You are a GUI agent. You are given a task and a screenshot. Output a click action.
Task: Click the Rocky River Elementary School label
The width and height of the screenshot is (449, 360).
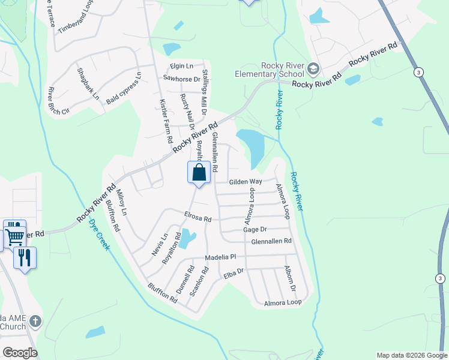coord(270,70)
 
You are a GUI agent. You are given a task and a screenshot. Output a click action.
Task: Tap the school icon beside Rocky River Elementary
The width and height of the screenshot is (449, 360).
coord(313,67)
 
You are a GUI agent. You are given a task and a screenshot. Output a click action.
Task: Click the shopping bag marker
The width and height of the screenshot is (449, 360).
coord(199,173)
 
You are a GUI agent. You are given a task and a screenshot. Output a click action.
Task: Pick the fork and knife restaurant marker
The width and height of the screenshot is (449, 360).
coord(25,258)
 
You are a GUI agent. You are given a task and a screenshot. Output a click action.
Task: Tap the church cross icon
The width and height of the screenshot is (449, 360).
coord(35,322)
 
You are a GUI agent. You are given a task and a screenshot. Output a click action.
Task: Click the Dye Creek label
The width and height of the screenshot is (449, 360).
coord(99,233)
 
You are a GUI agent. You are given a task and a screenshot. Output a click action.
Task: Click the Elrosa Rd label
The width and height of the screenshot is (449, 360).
coord(198,218)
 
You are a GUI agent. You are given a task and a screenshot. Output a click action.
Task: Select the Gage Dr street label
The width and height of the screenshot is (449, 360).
coord(255,229)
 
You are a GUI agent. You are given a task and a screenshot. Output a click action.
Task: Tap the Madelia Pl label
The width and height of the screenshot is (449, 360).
coord(221,257)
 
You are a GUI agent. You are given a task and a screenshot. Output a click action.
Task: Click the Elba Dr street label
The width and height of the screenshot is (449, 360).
coord(234,273)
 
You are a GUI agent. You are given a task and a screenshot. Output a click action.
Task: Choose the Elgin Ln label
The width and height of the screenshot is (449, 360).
coord(181,65)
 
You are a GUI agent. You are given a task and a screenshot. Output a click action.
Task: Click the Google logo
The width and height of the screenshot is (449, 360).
coord(20,353)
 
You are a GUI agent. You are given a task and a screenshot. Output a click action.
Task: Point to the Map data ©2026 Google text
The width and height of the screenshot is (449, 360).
coord(411,355)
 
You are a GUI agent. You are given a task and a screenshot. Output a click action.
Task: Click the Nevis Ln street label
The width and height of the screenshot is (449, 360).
coord(160,245)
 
